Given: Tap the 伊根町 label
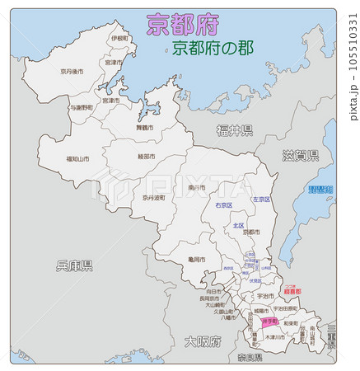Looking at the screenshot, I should coord(119,38).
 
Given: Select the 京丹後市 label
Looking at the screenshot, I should coord(72,71).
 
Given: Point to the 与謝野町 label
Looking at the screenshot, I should coord(82,107).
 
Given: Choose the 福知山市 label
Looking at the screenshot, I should coord(79,158).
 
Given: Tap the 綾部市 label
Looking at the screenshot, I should coord(149,156).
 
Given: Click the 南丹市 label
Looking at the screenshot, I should coord(196,188).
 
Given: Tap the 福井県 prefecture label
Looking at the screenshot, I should coord(235,129).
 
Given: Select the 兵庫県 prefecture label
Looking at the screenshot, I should coord(74,265).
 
